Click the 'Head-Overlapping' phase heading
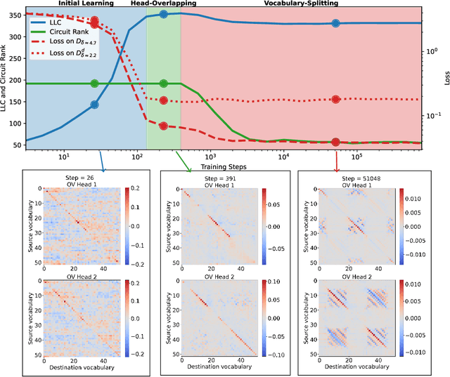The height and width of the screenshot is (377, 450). (x=164, y=4)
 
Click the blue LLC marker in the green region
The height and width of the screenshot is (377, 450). (x=163, y=14)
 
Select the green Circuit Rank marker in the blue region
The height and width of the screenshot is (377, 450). (x=95, y=84)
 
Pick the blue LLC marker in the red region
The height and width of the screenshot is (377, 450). (x=335, y=23)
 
